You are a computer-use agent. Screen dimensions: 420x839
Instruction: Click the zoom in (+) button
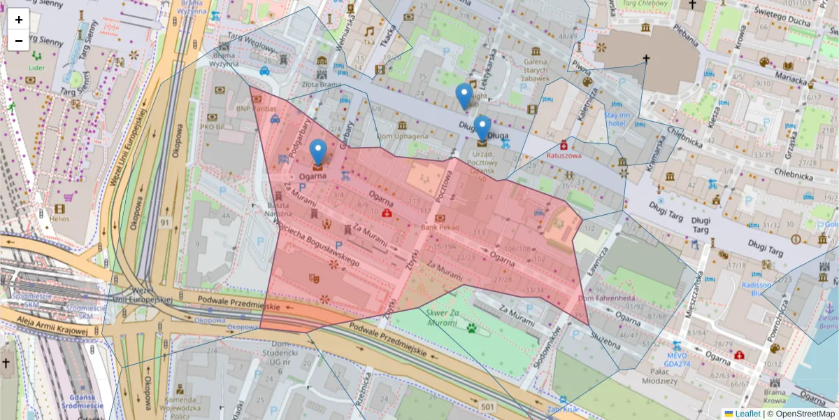(19, 20)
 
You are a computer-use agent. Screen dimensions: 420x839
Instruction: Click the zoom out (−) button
(19, 41)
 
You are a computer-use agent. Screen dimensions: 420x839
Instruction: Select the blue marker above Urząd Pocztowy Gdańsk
(482, 129)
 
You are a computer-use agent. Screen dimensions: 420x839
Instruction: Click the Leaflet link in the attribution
(747, 414)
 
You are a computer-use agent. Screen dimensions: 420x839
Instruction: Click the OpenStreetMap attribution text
(805, 414)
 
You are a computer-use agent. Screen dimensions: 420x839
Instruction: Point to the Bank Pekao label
(440, 228)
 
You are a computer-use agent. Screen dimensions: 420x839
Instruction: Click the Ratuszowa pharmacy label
(565, 156)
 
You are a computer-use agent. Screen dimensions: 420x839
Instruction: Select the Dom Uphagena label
(402, 136)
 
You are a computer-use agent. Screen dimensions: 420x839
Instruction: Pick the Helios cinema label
(59, 218)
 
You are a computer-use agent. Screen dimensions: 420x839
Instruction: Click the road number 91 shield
(165, 223)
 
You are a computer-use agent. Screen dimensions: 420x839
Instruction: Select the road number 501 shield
(487, 407)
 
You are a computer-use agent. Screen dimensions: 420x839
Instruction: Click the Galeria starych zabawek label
(536, 66)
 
